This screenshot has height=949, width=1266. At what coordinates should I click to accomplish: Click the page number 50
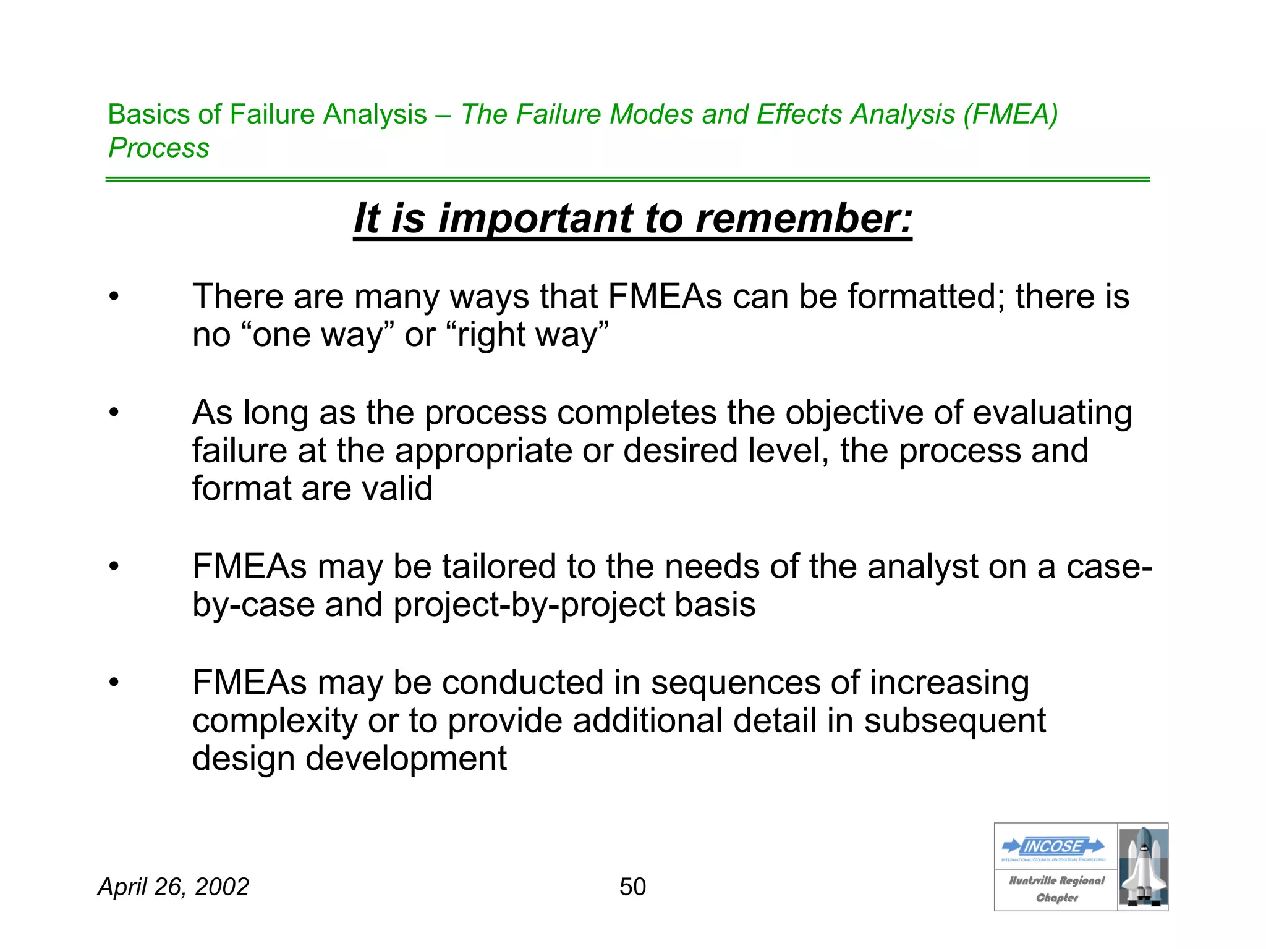pos(632,887)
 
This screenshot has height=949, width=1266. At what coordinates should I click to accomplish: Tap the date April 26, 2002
pos(173,887)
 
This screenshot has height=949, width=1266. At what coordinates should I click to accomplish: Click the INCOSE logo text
pos(1053,846)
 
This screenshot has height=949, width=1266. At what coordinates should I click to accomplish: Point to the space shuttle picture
pos(1143,867)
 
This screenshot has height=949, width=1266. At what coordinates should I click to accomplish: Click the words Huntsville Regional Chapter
pos(1056,888)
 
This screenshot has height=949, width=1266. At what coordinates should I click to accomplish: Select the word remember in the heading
pos(804,219)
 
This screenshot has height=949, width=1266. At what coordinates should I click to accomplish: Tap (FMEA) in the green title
pos(1010,114)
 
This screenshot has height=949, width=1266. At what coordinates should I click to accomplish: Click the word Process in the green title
pos(159,148)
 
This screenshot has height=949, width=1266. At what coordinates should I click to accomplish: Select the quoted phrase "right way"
pos(532,335)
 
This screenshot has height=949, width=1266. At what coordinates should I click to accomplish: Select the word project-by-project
pos(529,605)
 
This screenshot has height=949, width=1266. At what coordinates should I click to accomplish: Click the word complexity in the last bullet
pos(274,721)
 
